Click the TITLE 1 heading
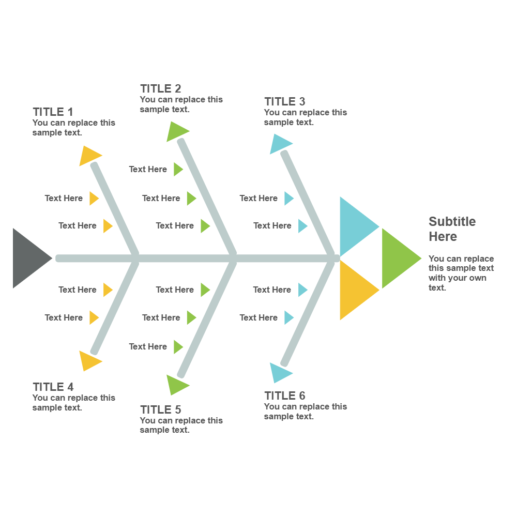(x=53, y=112)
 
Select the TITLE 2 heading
(x=160, y=88)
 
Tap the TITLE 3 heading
(x=284, y=101)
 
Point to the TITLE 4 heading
(x=53, y=387)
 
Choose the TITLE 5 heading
(x=160, y=409)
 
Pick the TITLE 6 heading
(x=284, y=396)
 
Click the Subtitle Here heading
(x=451, y=229)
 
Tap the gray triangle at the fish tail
(x=28, y=258)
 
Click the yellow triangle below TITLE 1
(x=89, y=156)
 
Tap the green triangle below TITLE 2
(x=176, y=131)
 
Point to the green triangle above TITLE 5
(x=176, y=385)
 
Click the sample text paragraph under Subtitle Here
(x=461, y=273)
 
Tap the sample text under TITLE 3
(x=305, y=117)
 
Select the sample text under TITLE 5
(x=181, y=425)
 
